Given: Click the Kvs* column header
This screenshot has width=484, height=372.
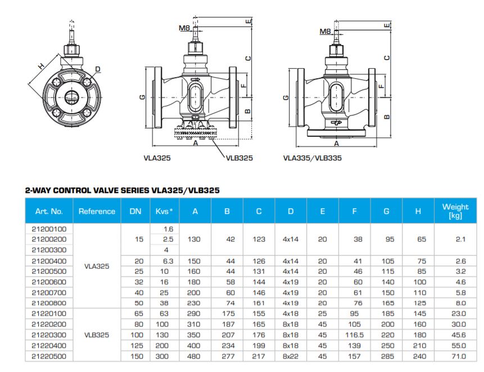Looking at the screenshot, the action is tap(164, 212).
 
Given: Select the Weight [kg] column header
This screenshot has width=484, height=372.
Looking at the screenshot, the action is tap(455, 211).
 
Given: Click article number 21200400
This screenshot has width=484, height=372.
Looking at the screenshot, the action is tap(49, 261).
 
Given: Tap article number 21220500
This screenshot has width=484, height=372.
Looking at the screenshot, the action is tap(49, 356).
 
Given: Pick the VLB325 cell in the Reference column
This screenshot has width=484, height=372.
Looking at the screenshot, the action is tap(97, 335).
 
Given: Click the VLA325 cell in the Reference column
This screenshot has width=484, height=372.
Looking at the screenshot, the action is tap(97, 266).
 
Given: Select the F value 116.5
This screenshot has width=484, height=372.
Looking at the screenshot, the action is tap(354, 335).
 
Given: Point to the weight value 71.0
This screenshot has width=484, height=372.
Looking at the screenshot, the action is tap(459, 356).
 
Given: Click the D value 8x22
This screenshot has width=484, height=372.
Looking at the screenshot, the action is tap(291, 356).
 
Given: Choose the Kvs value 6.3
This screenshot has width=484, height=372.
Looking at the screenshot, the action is tap(168, 261).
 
